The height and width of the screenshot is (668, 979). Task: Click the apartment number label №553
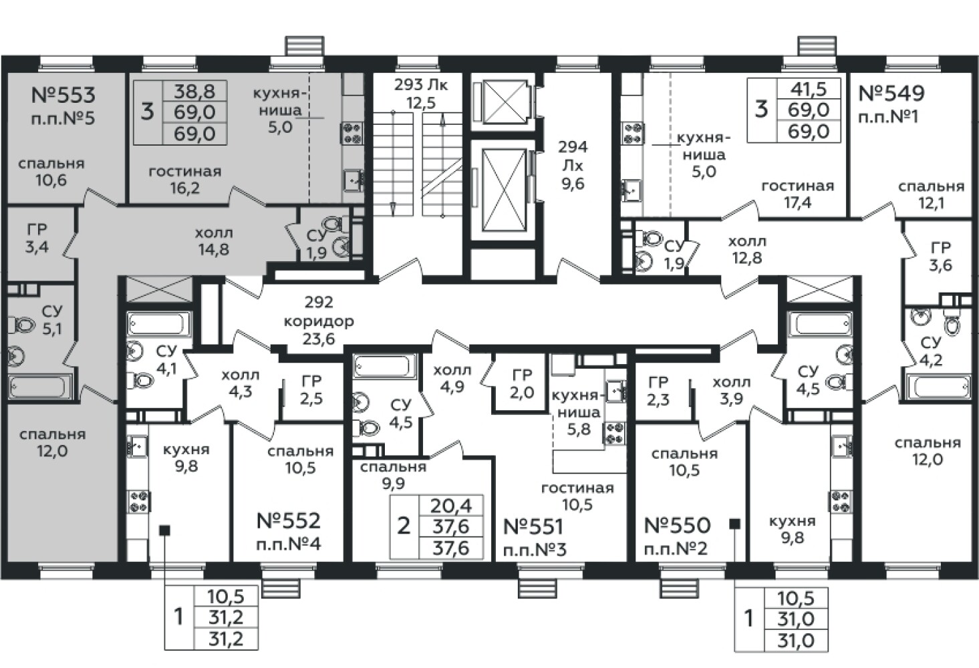pyautogui.click(x=63, y=95)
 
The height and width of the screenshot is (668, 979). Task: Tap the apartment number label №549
pyautogui.click(x=891, y=94)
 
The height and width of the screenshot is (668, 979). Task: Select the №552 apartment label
pyautogui.click(x=289, y=521)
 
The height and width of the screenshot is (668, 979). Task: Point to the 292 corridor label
pyautogui.click(x=319, y=320)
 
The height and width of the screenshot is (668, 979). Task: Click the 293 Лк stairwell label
pyautogui.click(x=421, y=94)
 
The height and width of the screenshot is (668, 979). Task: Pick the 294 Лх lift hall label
pyautogui.click(x=573, y=166)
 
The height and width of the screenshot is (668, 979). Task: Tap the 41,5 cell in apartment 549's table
pyautogui.click(x=809, y=90)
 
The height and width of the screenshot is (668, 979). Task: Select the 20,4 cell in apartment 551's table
pyautogui.click(x=451, y=506)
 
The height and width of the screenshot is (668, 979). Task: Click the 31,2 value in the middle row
pyautogui.click(x=225, y=618)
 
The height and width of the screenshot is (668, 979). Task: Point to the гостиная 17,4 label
pyautogui.click(x=798, y=194)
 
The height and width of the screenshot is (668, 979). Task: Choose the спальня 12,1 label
pyautogui.click(x=932, y=195)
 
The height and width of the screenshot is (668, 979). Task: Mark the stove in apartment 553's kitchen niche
pyautogui.click(x=352, y=133)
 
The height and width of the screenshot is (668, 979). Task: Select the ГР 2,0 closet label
pyautogui.click(x=522, y=383)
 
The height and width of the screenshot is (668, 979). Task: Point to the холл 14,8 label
pyautogui.click(x=213, y=240)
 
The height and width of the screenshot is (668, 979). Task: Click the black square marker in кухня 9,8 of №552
pyautogui.click(x=164, y=530)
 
